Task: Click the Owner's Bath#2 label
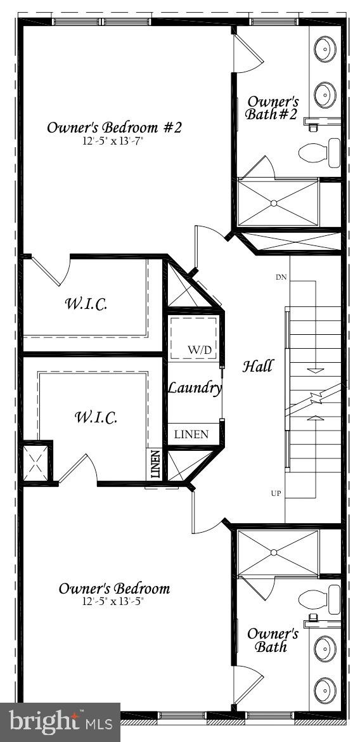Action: tap(272, 107)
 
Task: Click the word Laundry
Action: tap(194, 387)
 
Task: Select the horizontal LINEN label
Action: tap(191, 434)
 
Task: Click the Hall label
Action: tap(258, 366)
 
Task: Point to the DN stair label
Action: tap(281, 277)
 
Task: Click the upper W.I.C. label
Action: tap(86, 303)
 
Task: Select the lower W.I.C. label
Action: tap(96, 417)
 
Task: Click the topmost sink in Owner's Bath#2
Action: tap(325, 49)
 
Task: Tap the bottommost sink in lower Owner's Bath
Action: tap(325, 687)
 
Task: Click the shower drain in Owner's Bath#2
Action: tap(274, 203)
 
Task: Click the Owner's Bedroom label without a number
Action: tap(114, 589)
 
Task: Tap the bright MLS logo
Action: tap(60, 722)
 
